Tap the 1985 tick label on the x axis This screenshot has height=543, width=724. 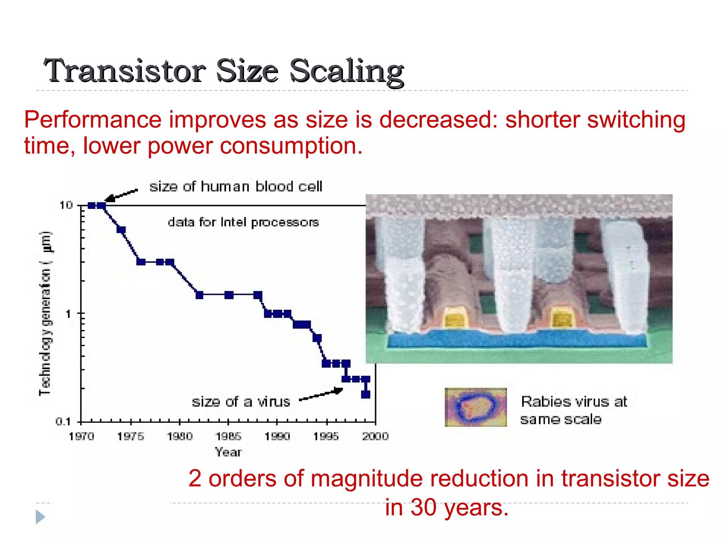228,436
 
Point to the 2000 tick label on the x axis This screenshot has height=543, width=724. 375,436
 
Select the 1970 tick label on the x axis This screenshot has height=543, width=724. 81,436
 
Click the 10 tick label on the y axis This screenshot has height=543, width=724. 66,205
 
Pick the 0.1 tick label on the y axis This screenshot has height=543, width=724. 63,421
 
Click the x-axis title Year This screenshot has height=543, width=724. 228,452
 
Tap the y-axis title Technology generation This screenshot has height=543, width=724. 45,313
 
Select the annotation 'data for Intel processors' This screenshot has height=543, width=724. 243,222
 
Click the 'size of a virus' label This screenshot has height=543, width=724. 241,402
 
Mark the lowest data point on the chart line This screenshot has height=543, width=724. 366,394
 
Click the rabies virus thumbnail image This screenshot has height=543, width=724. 475,407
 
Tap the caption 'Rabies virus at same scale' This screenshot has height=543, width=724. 573,410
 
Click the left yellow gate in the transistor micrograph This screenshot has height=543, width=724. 455,318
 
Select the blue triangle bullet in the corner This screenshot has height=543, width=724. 40,517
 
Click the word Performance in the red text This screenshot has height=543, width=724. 93,119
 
